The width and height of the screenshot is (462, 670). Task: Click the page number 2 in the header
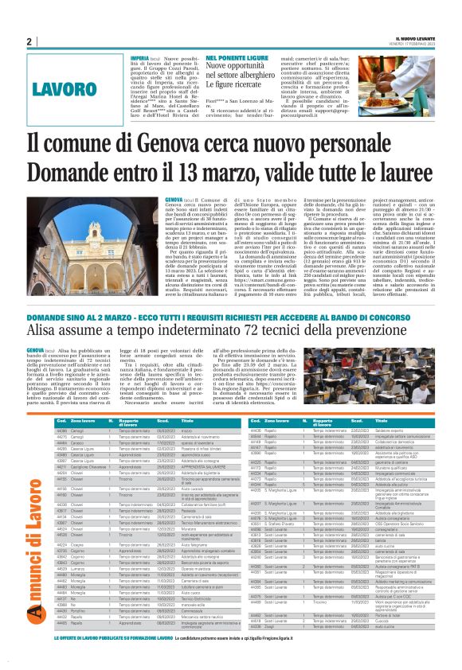click(x=28, y=42)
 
